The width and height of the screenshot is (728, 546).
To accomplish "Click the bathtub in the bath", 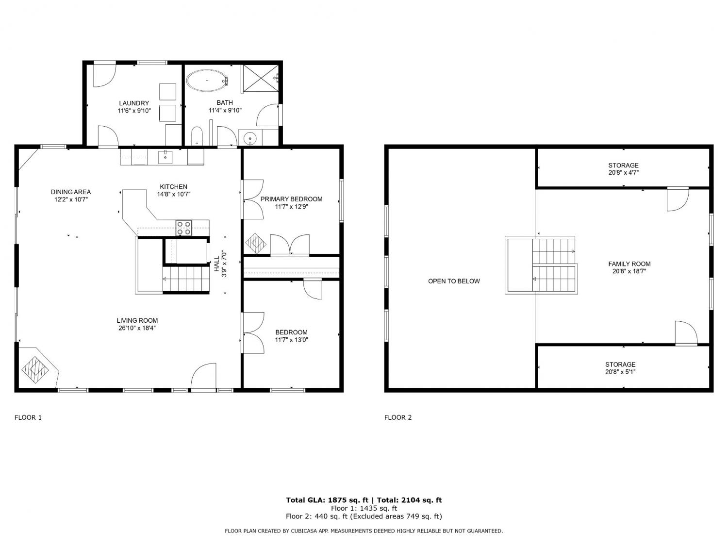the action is point(207,81).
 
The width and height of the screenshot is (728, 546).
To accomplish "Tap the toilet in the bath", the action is point(197,135).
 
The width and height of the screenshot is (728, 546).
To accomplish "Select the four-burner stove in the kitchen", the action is point(183,228).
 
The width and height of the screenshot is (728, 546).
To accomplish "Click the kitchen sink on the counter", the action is point(165,157).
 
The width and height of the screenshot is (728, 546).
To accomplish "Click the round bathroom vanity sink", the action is point(249,137).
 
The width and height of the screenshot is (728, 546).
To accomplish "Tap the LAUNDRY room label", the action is point(134,103).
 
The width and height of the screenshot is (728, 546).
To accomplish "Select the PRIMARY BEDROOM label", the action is point(291,199).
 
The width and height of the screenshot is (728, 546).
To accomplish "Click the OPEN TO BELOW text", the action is point(454,281).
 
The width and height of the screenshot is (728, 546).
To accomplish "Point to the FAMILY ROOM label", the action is point(629,264).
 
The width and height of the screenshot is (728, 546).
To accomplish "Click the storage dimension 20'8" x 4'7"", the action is point(624,172).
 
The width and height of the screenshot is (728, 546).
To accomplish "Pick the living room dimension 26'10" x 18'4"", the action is point(137,328).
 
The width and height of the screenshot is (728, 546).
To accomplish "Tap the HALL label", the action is point(216,264).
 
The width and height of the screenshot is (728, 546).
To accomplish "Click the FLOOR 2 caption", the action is point(397,417).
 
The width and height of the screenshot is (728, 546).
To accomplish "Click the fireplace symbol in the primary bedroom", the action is point(255,243).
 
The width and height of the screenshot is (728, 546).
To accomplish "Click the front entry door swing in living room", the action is point(203,376).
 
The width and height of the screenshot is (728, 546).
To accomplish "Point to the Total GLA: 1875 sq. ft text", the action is point(327,500).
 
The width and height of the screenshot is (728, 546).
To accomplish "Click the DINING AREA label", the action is point(71,192).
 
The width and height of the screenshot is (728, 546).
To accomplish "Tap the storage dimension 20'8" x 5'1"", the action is point(620,372).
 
